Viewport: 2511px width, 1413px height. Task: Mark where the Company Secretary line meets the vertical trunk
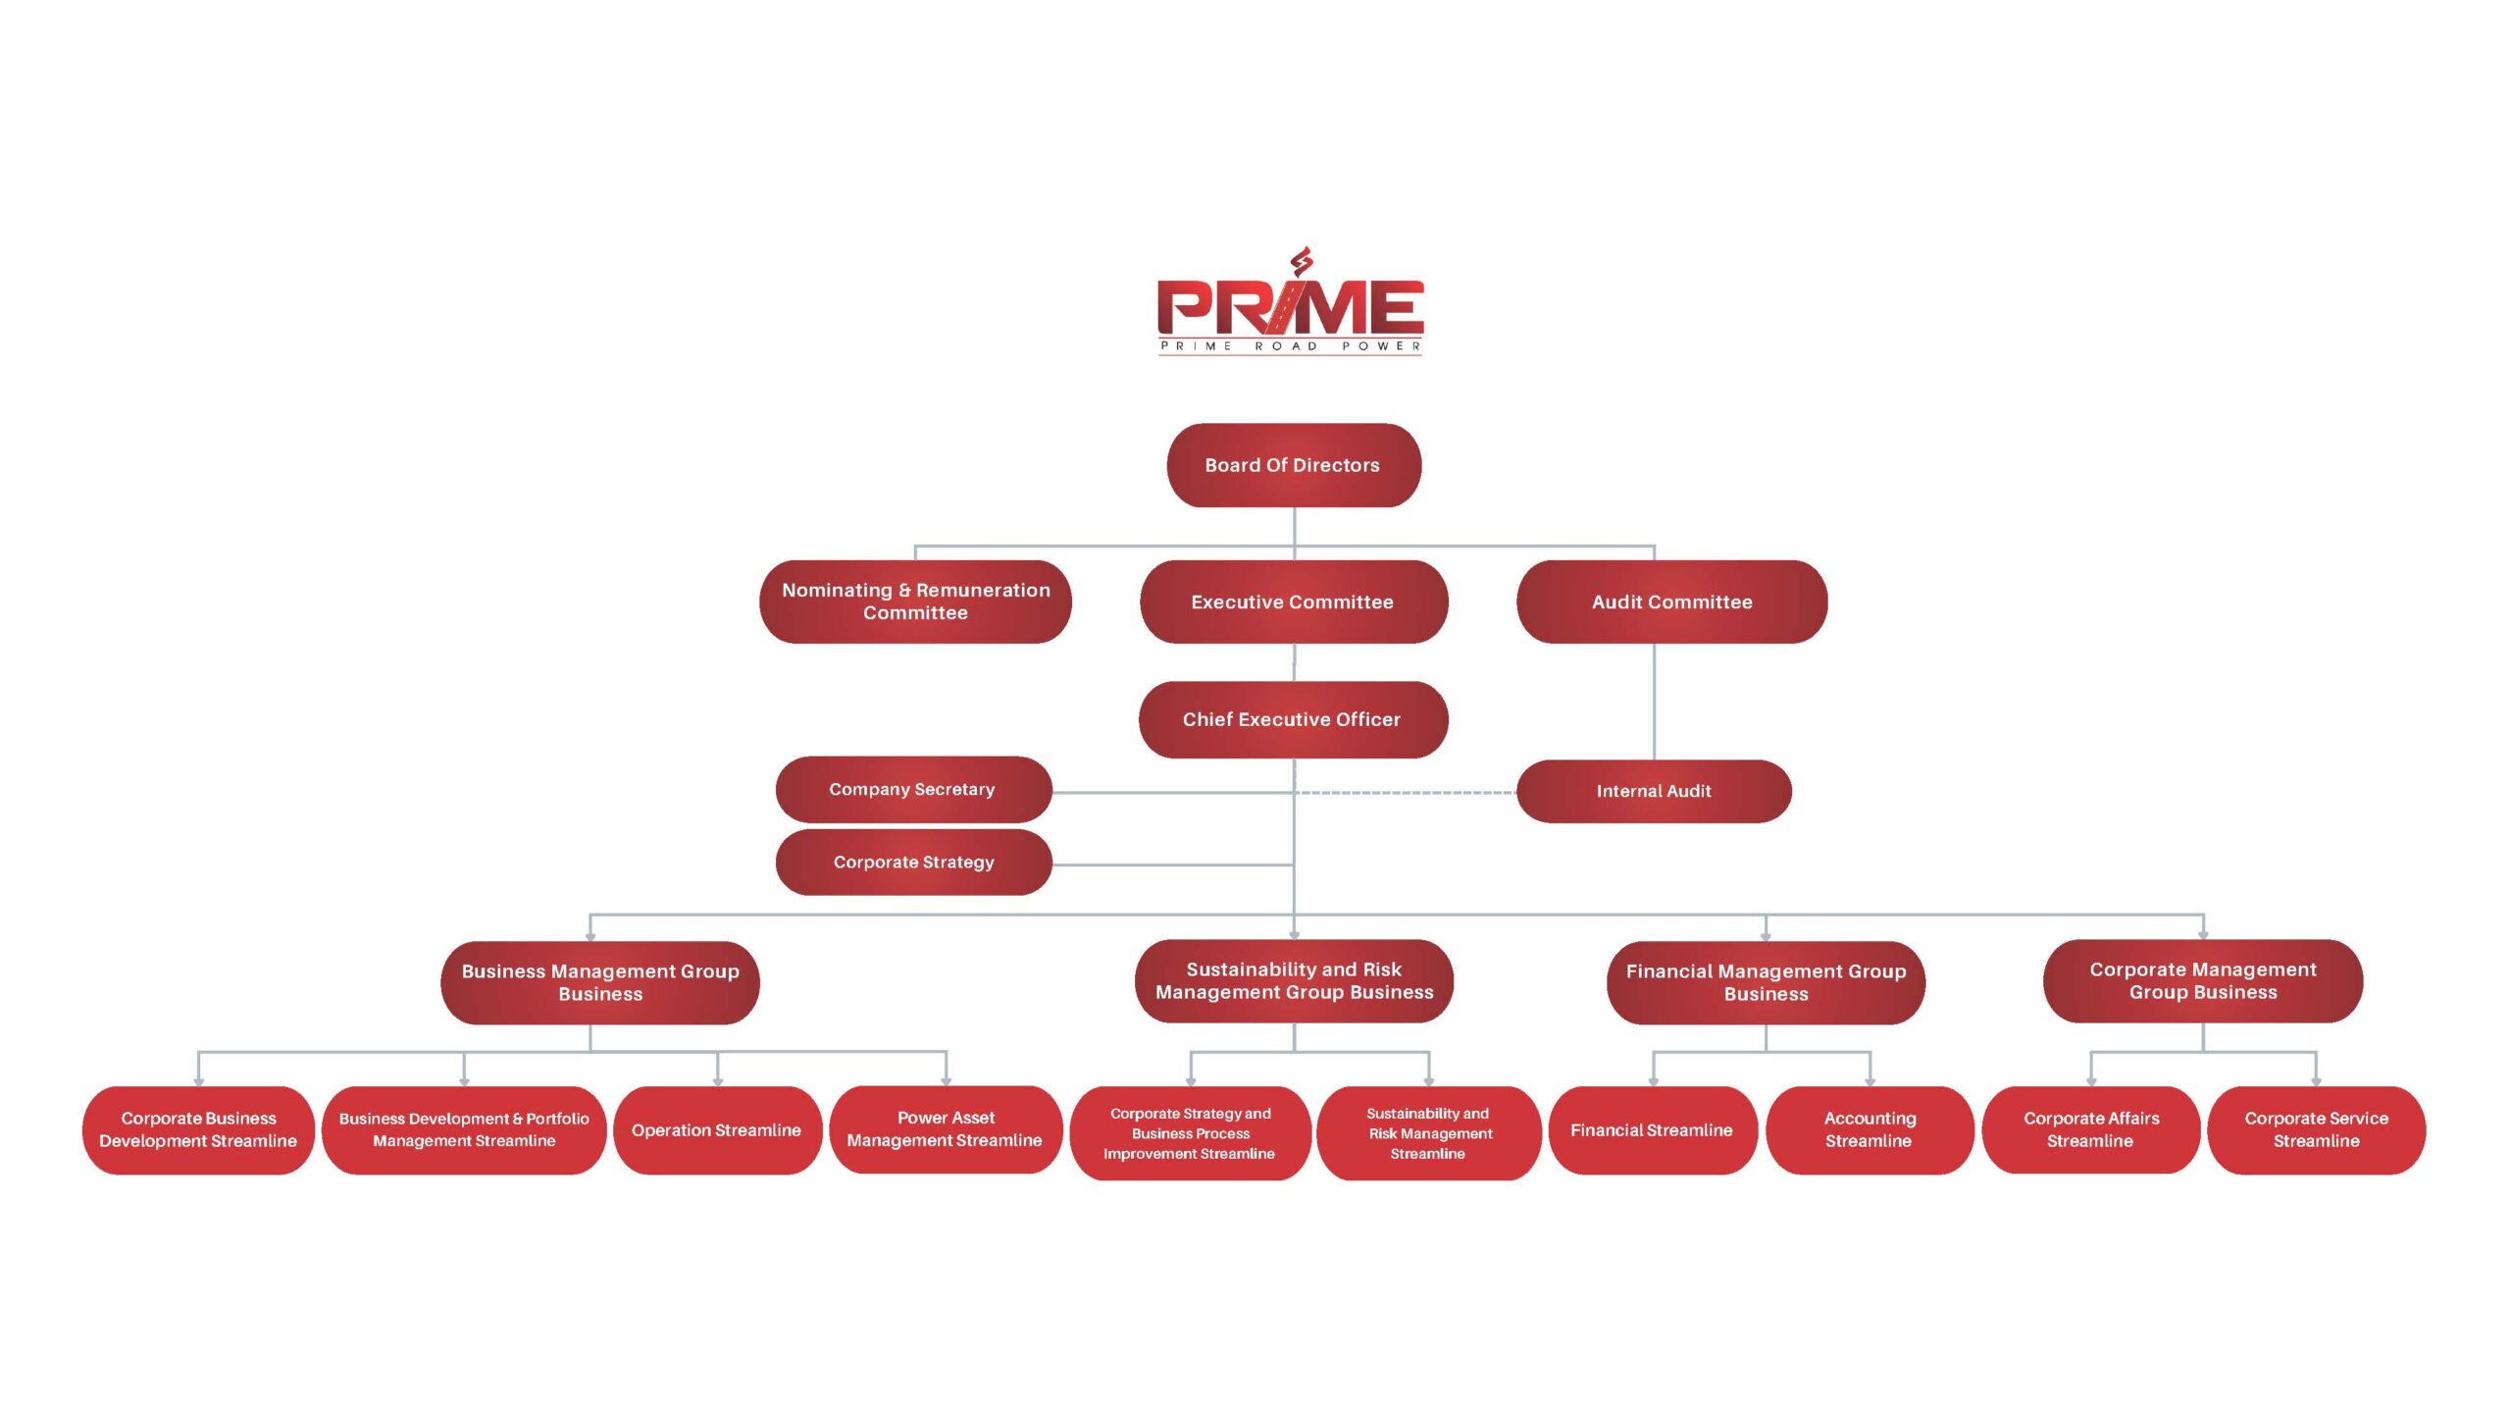[1295, 792]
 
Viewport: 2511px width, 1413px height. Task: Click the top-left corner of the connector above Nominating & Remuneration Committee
[915, 546]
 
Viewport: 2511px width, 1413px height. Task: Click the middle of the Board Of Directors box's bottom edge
[1294, 507]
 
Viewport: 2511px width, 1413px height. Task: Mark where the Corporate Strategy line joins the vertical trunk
[1295, 864]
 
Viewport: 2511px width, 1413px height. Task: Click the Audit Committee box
[1671, 602]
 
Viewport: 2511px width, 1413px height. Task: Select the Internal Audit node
[1654, 791]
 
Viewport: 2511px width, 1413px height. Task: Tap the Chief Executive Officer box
[1293, 719]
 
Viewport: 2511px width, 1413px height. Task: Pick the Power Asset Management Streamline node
[946, 1129]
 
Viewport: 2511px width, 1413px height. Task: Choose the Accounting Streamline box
[1870, 1129]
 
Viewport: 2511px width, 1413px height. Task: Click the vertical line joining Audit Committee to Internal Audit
[1655, 702]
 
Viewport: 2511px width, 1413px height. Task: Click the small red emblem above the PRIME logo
[1302, 262]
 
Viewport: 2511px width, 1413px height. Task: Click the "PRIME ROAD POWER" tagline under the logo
[1291, 345]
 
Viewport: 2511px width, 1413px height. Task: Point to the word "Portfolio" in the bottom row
[557, 1119]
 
